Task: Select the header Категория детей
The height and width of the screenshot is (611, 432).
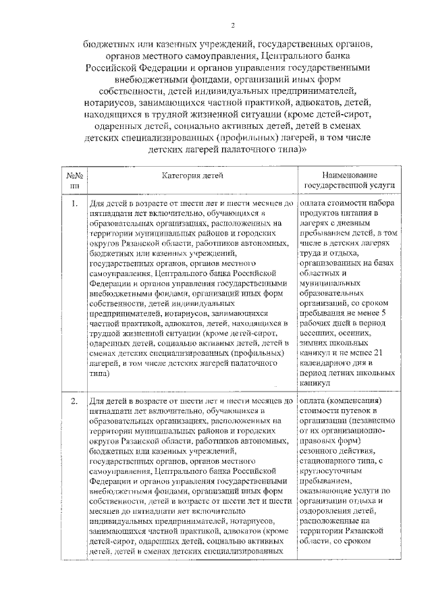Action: pyautogui.click(x=192, y=175)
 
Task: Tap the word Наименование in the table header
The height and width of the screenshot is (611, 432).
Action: pyautogui.click(x=348, y=174)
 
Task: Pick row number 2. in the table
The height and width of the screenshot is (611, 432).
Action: pyautogui.click(x=73, y=401)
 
